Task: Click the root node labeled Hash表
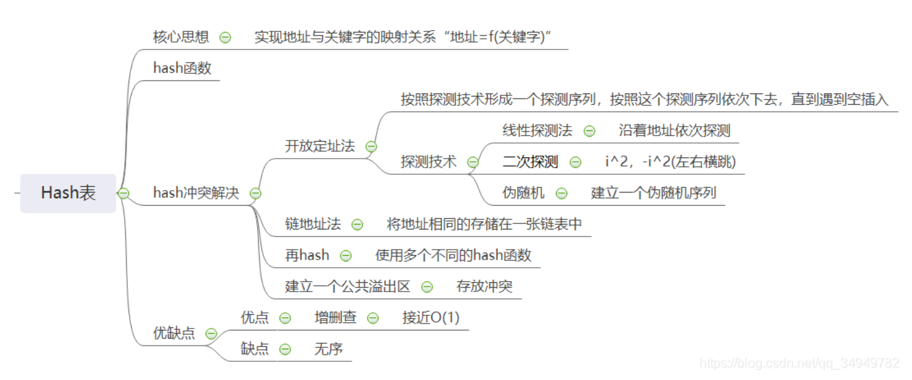pos(68,193)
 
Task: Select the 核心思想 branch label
pos(181,37)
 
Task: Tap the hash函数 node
pos(182,68)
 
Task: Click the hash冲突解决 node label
pos(196,193)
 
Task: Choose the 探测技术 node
pos(429,162)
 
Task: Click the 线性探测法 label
pos(537,131)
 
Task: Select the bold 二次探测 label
pos(530,162)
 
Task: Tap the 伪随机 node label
pos(523,193)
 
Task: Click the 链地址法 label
pos(313,224)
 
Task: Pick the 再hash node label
pos(307,255)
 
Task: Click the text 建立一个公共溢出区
pos(347,287)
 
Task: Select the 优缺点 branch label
pos(174,333)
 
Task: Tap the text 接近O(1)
pos(431,318)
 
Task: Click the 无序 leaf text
pos(328,349)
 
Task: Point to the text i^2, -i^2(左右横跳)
pos(670,162)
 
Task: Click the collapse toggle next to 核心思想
pos(225,37)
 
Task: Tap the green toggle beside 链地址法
pos(357,224)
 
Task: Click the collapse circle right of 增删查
pos(373,318)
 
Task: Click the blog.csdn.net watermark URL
pos(799,363)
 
